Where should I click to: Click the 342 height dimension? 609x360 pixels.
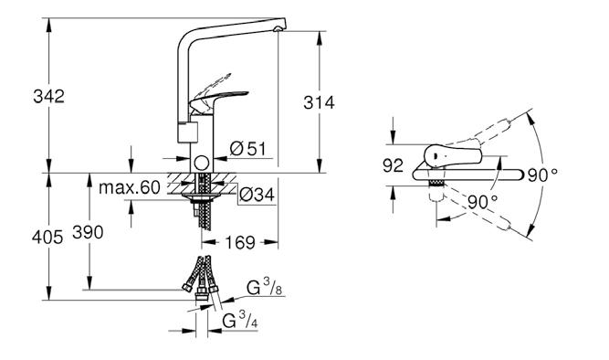48,97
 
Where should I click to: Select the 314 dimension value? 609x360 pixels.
319,102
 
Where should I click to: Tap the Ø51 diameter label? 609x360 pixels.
247,149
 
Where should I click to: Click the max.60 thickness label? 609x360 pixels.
130,187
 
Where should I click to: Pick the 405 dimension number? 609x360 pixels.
47,238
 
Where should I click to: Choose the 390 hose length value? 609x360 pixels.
88,232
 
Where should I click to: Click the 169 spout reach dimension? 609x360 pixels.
240,243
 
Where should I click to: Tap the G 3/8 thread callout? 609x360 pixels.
265,288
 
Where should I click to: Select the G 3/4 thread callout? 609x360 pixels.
240,321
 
